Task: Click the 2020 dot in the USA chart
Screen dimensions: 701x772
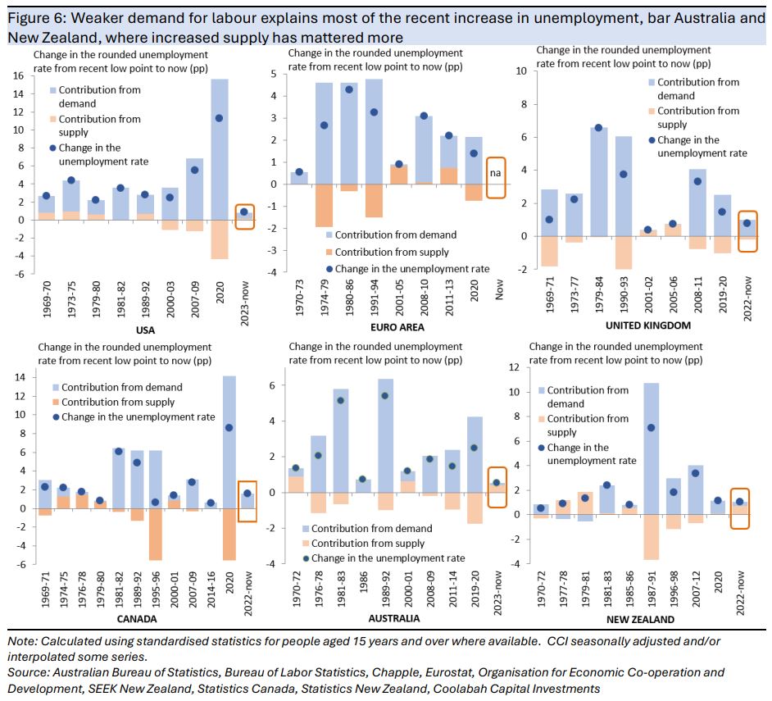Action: click(219, 118)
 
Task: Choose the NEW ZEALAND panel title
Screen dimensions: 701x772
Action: click(630, 619)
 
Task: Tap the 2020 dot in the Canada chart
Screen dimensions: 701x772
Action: click(229, 427)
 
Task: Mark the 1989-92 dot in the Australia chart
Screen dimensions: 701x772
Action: click(385, 395)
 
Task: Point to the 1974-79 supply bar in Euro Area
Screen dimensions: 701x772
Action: click(324, 205)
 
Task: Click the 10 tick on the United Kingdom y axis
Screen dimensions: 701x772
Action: click(520, 71)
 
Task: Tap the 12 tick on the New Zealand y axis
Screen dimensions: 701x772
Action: click(514, 367)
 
